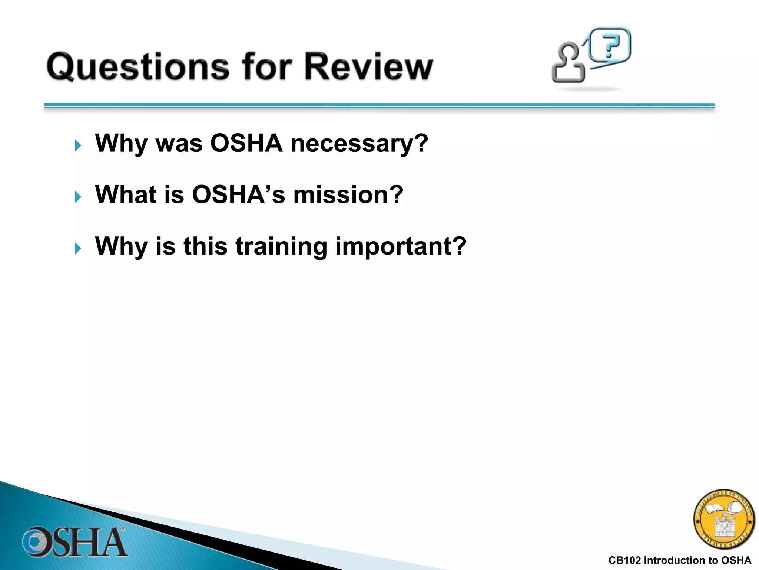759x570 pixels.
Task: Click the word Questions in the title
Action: point(138,67)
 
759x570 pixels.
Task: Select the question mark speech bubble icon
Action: point(610,45)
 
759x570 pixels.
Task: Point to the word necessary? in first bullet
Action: point(359,144)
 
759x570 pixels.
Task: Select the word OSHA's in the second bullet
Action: point(238,194)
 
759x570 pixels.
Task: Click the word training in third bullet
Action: point(281,246)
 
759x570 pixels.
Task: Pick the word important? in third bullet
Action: point(401,246)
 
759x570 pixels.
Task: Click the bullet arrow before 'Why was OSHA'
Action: point(78,145)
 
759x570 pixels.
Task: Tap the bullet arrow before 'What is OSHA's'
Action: point(78,197)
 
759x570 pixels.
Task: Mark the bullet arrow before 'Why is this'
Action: point(78,248)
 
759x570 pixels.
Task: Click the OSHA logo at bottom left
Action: point(74,542)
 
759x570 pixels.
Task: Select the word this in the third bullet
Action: point(205,246)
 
